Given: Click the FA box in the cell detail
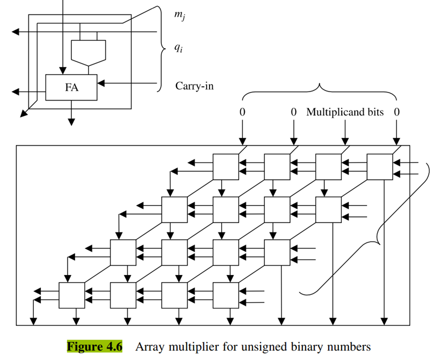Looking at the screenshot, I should pos(71,87).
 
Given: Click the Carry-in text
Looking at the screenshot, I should pos(194,86).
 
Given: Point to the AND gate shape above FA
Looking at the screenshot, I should pos(88,51).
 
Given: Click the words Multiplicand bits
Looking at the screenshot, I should pos(345,112).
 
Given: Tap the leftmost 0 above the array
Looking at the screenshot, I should pos(242,112).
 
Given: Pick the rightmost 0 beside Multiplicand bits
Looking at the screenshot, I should pos(397,112).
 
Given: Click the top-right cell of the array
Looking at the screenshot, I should pos(379,167).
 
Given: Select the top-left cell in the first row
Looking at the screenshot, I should pos(225,167).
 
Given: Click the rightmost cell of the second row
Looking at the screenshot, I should pos(328,210).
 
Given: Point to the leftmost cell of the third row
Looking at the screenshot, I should pos(123,252).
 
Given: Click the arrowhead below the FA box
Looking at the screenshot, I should pos(71,122).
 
